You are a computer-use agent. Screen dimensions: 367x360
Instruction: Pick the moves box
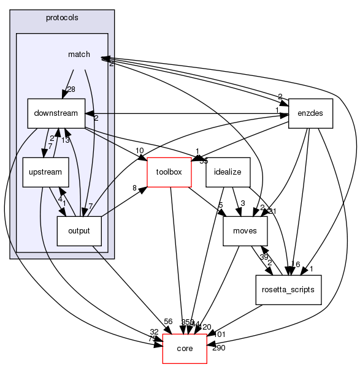[x=244, y=231]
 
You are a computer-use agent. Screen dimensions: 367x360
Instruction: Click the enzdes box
[x=310, y=113]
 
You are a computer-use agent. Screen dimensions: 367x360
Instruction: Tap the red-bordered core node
[x=185, y=349]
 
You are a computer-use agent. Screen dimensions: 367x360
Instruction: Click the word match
[x=79, y=55]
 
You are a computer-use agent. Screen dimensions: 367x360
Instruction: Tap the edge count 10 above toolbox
[x=140, y=151]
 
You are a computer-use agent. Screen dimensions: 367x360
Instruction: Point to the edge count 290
[x=218, y=349]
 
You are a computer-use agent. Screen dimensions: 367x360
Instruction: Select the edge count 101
[x=220, y=335]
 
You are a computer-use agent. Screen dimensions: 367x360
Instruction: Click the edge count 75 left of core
[x=151, y=339]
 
